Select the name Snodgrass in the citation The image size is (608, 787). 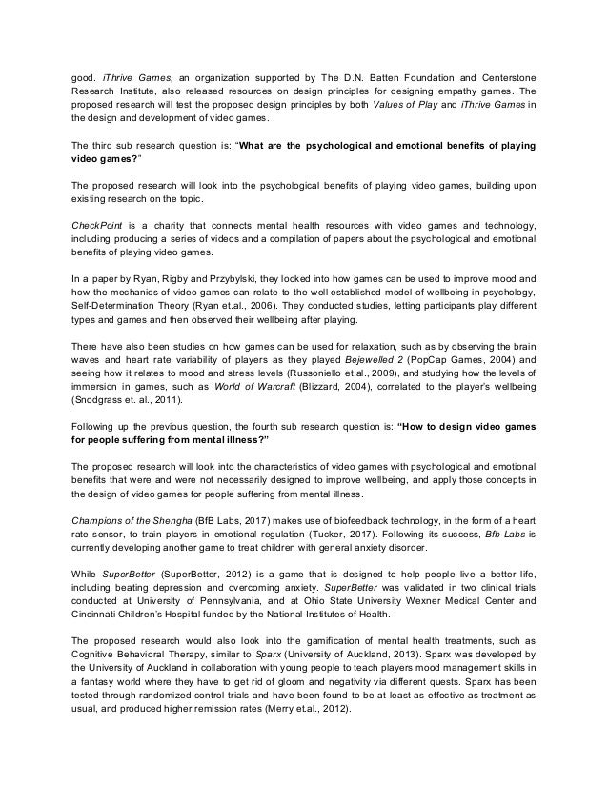pos(100,429)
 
